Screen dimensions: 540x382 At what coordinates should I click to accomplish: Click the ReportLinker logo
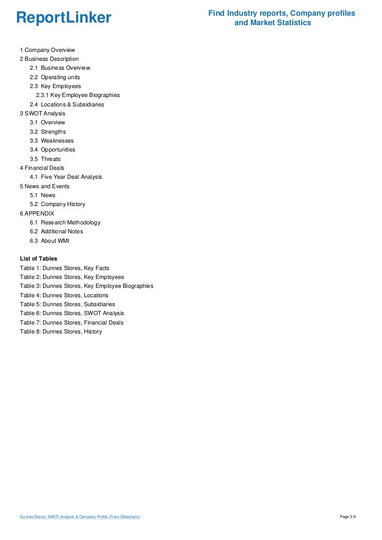63,18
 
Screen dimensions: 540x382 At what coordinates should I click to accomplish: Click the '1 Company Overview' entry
47,50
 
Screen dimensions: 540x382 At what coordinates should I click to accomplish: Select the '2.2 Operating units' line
55,77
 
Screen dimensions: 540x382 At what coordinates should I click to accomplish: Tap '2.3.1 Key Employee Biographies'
78,95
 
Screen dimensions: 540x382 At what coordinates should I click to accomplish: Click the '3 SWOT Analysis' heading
43,113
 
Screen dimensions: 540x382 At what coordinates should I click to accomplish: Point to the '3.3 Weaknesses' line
51,141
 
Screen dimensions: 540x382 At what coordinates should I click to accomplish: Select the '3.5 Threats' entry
45,159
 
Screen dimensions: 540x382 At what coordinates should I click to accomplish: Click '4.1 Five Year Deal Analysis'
66,177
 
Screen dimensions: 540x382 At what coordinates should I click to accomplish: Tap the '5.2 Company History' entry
57,204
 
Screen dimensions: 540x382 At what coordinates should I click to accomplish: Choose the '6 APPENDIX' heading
37,213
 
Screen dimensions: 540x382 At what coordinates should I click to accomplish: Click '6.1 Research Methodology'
65,222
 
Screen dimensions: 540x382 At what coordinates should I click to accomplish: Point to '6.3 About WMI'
49,241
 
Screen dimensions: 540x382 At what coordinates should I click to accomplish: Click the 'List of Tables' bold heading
38,258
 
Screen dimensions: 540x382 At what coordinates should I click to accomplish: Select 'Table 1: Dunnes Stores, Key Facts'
65,268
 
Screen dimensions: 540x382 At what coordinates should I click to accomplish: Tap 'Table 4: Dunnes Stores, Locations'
64,295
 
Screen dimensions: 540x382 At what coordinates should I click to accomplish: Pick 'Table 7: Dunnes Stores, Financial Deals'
71,322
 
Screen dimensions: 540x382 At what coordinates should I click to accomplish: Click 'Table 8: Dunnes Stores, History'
61,331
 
